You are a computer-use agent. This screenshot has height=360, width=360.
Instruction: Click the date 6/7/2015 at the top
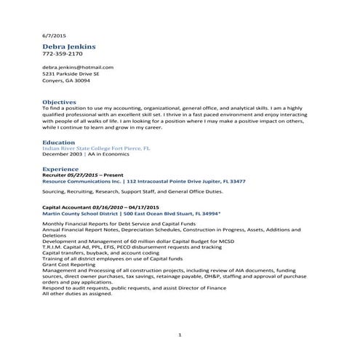coord(54,36)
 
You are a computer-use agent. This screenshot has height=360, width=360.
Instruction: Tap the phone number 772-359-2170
coord(63,54)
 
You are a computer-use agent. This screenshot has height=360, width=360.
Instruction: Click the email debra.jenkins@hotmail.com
coord(78,67)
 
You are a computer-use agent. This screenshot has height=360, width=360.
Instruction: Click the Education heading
coord(59,142)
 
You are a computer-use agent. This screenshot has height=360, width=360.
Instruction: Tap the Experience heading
coord(60,168)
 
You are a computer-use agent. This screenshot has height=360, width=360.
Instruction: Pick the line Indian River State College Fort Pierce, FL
coord(96,148)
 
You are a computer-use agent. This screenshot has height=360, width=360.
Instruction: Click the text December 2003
coord(63,154)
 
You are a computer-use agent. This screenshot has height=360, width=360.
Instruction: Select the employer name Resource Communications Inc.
coord(83,181)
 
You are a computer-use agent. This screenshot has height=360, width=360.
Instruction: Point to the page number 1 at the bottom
coord(179,334)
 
